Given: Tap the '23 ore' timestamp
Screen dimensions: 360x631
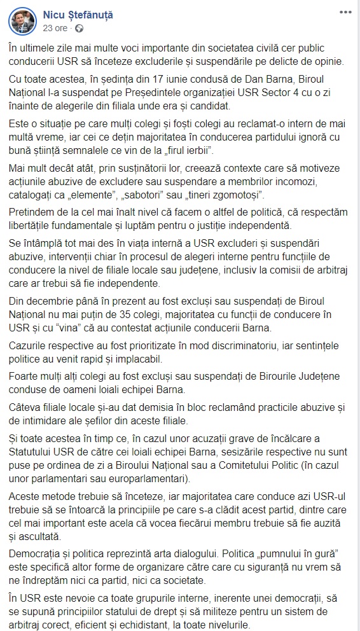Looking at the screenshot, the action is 54,29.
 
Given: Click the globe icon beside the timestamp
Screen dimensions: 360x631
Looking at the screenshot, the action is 79,29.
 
